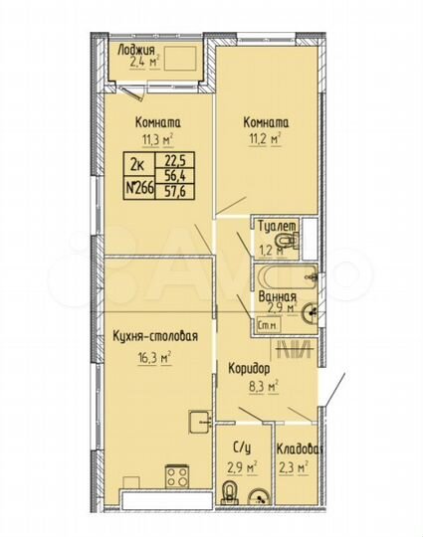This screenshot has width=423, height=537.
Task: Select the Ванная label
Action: pyautogui.click(x=276, y=297)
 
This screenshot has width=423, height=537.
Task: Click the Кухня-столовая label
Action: pyautogui.click(x=156, y=337)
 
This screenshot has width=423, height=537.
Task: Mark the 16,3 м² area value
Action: pyautogui.click(x=156, y=354)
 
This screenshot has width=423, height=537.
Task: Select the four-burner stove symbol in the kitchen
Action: pyautogui.click(x=179, y=473)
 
